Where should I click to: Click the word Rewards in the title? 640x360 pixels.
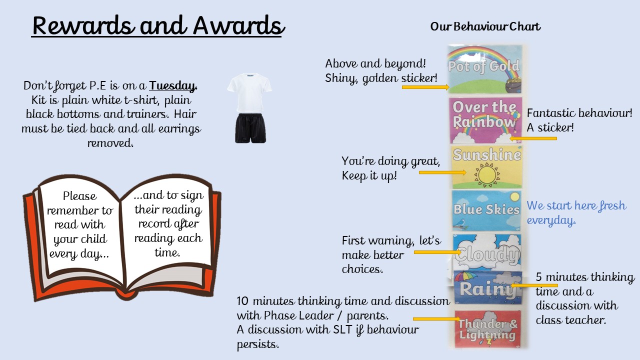pos(83,25)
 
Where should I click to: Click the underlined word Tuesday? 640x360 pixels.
pos(173,85)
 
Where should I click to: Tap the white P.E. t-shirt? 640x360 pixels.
pos(249,92)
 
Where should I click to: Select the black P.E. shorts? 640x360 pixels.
pos(250,128)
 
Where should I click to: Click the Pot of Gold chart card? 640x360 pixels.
pos(484,69)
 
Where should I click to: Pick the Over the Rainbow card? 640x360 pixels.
pos(485,120)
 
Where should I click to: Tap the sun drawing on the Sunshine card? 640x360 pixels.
pos(487,174)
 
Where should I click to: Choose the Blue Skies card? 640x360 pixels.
pos(486,210)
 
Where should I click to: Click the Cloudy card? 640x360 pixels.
pos(487,252)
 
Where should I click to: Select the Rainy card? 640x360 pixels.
pos(487,287)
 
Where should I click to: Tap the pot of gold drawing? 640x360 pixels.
pos(513,85)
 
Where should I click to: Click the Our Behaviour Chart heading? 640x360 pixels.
pos(485,26)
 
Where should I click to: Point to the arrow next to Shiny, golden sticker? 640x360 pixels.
pos(425,87)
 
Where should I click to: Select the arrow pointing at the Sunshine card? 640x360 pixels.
pos(442,172)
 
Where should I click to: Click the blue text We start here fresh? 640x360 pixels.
pos(576,205)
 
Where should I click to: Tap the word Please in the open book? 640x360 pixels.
pos(79,196)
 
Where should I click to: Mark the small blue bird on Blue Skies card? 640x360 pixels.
pos(460,223)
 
